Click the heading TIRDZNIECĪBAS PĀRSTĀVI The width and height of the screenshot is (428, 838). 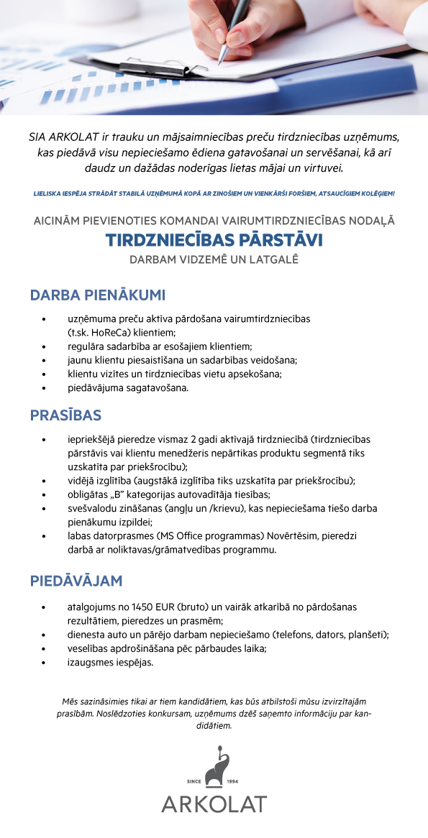[x=214, y=239]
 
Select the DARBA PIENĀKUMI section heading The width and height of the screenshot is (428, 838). [x=98, y=295]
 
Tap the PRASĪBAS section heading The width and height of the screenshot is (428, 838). [x=65, y=415]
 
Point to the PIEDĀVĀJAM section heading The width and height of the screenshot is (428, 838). [x=76, y=581]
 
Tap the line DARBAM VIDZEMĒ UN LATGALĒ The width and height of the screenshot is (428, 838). [x=214, y=259]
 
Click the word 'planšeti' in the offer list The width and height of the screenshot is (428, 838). [x=366, y=635]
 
